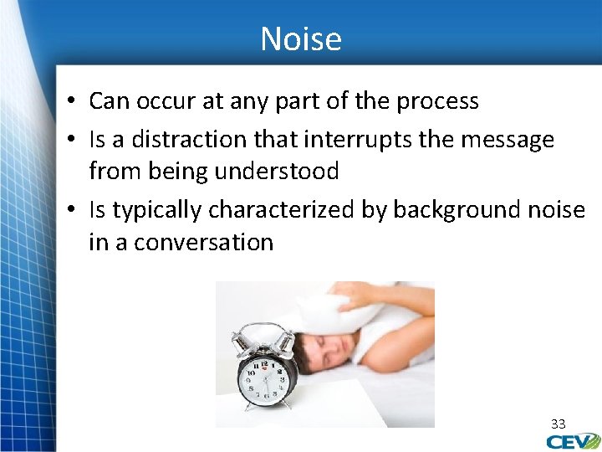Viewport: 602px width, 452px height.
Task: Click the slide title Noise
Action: pos(301,39)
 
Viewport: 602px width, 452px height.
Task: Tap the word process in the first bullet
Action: pos(438,101)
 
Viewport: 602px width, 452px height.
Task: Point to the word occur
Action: pos(164,101)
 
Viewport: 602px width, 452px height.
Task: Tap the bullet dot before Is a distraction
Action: pos(74,138)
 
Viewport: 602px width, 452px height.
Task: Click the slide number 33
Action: pos(558,424)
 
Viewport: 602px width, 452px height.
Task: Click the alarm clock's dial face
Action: pos(267,380)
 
